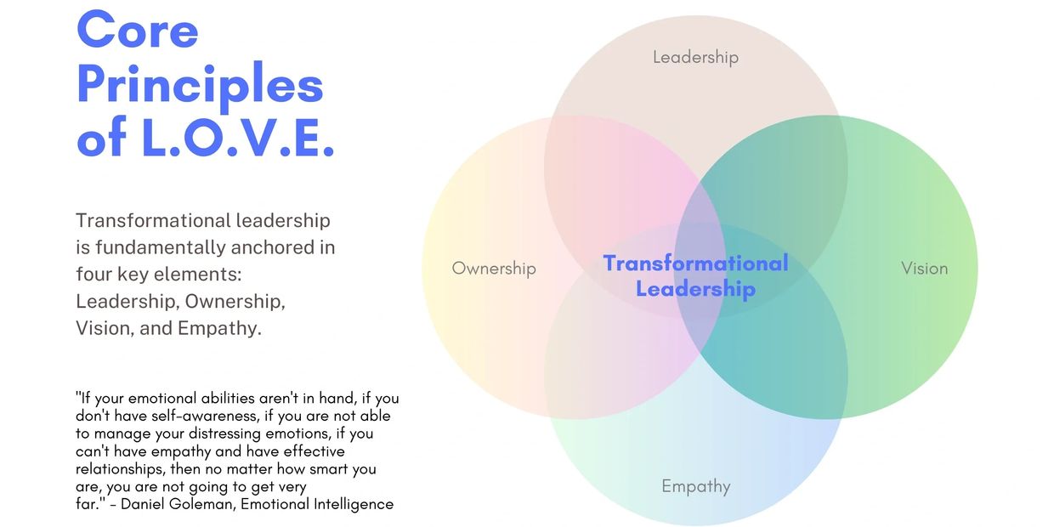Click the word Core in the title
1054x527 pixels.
[x=138, y=30]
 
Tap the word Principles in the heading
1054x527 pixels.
[x=200, y=86]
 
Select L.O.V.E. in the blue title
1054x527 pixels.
[x=238, y=138]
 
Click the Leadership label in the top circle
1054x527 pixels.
[x=695, y=58]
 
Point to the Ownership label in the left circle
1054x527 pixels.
[x=494, y=269]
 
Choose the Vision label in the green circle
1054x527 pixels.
[x=924, y=269]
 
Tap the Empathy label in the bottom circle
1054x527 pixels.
[x=696, y=486]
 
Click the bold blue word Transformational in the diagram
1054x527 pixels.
[x=695, y=263]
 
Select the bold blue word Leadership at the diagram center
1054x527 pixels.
[x=695, y=289]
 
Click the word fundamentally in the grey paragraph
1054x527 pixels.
[x=160, y=247]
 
